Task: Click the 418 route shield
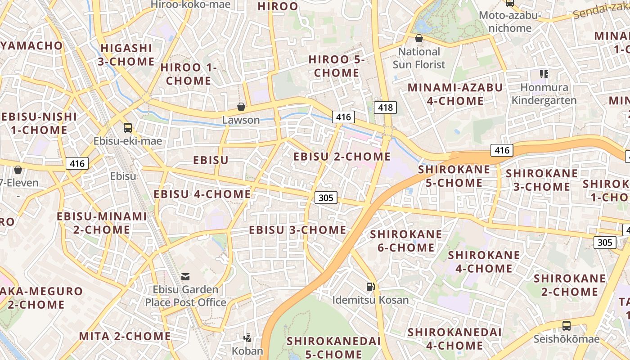(x=385, y=107)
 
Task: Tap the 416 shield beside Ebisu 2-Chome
(x=343, y=117)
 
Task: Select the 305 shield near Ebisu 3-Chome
(x=325, y=197)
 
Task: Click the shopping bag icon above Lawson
(x=241, y=107)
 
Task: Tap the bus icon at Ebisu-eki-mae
(x=128, y=128)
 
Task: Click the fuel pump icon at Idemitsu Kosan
(x=370, y=286)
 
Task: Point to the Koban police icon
(x=247, y=337)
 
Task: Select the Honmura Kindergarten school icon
(x=544, y=74)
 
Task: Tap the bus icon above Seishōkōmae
(x=567, y=325)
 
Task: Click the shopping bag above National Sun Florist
(x=419, y=39)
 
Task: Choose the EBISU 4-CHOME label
(x=202, y=194)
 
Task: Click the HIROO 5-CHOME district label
(x=337, y=66)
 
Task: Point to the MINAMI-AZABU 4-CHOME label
(x=455, y=94)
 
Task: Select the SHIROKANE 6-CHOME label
(x=406, y=241)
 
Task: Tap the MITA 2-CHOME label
(x=125, y=336)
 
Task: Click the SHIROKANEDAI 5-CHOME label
(x=333, y=347)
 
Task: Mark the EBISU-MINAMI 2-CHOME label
(x=102, y=223)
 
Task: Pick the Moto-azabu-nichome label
(x=510, y=22)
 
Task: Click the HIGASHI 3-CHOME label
(x=126, y=54)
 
